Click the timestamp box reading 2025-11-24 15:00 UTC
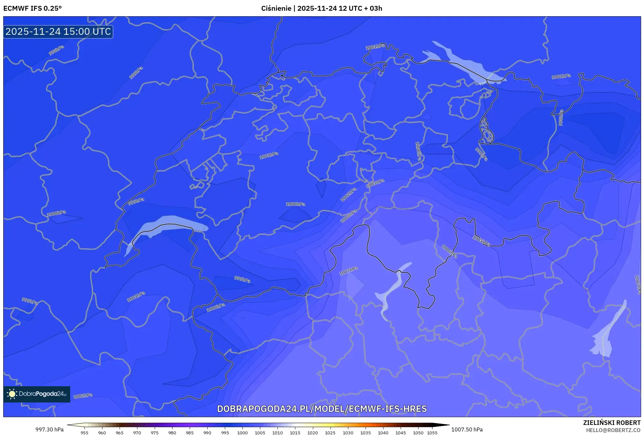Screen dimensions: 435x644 click(x=58, y=32)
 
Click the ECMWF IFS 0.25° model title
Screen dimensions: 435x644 click(x=32, y=8)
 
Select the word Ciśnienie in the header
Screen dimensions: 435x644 click(x=276, y=8)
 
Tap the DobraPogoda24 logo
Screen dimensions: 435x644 click(x=37, y=394)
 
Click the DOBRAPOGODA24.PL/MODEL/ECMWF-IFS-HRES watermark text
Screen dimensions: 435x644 click(x=322, y=409)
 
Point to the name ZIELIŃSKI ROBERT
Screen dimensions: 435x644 click(x=612, y=423)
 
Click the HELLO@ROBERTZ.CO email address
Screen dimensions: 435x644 click(x=613, y=430)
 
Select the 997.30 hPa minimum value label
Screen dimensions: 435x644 click(x=49, y=429)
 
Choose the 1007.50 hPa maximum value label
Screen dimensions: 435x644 click(x=467, y=429)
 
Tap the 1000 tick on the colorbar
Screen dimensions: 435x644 click(x=242, y=433)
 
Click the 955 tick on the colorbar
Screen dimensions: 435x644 click(x=84, y=433)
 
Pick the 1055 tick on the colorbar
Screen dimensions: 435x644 click(x=432, y=433)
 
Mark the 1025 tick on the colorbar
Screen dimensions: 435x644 click(x=330, y=433)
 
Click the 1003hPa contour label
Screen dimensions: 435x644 click(x=375, y=183)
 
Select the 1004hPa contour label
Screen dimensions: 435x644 click(x=348, y=216)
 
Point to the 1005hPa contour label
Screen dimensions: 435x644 click(x=481, y=241)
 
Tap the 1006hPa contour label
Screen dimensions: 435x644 click(x=449, y=251)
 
